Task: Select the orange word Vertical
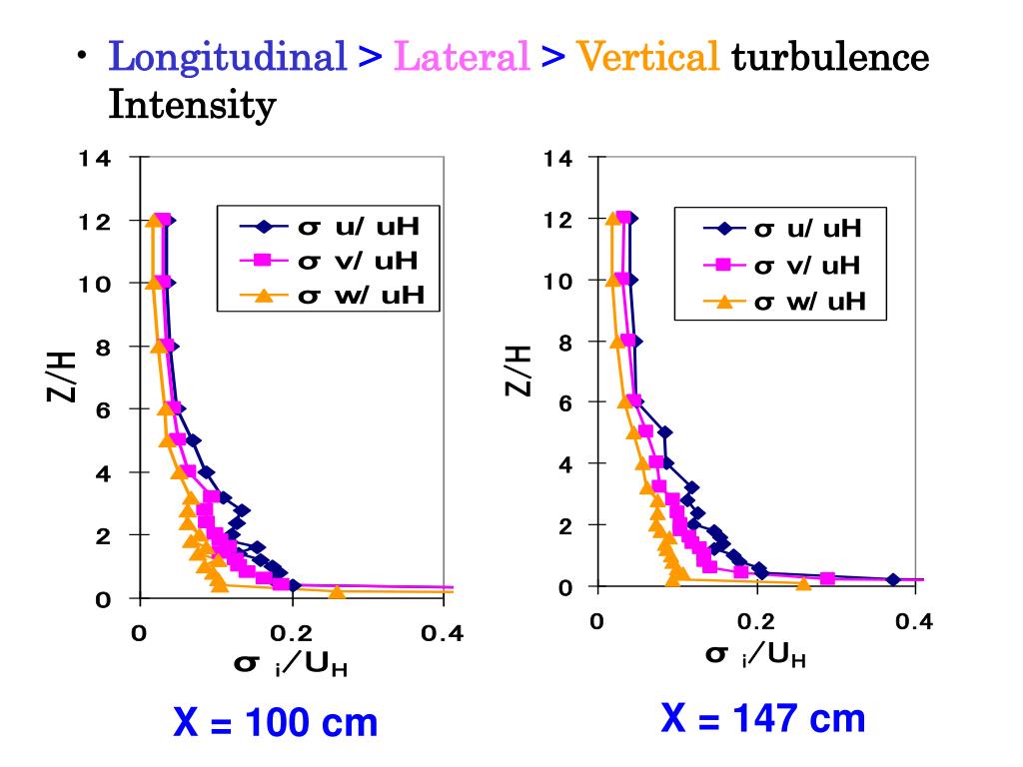click(x=648, y=57)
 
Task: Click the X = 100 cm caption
click(x=276, y=721)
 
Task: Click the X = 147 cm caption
click(x=762, y=717)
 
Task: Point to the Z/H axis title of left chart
click(x=62, y=378)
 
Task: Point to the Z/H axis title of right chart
click(x=517, y=370)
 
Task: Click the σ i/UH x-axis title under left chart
click(x=290, y=665)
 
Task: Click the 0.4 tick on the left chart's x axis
click(x=441, y=633)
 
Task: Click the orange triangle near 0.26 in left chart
click(x=337, y=592)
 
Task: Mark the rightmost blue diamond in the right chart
click(x=893, y=579)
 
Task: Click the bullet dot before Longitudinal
click(x=85, y=57)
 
